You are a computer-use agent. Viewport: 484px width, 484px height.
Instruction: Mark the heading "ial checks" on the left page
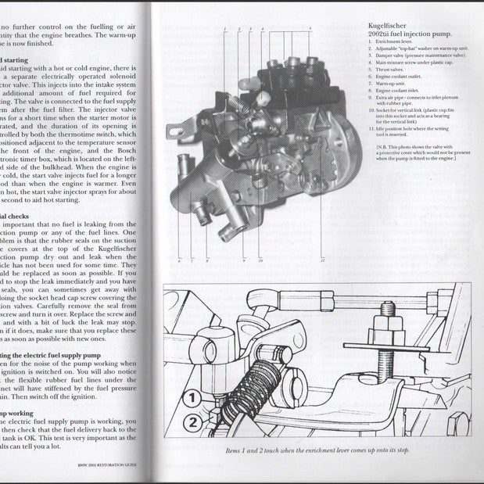[x=15, y=213]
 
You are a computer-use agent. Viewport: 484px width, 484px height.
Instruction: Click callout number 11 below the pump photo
[x=321, y=261]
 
